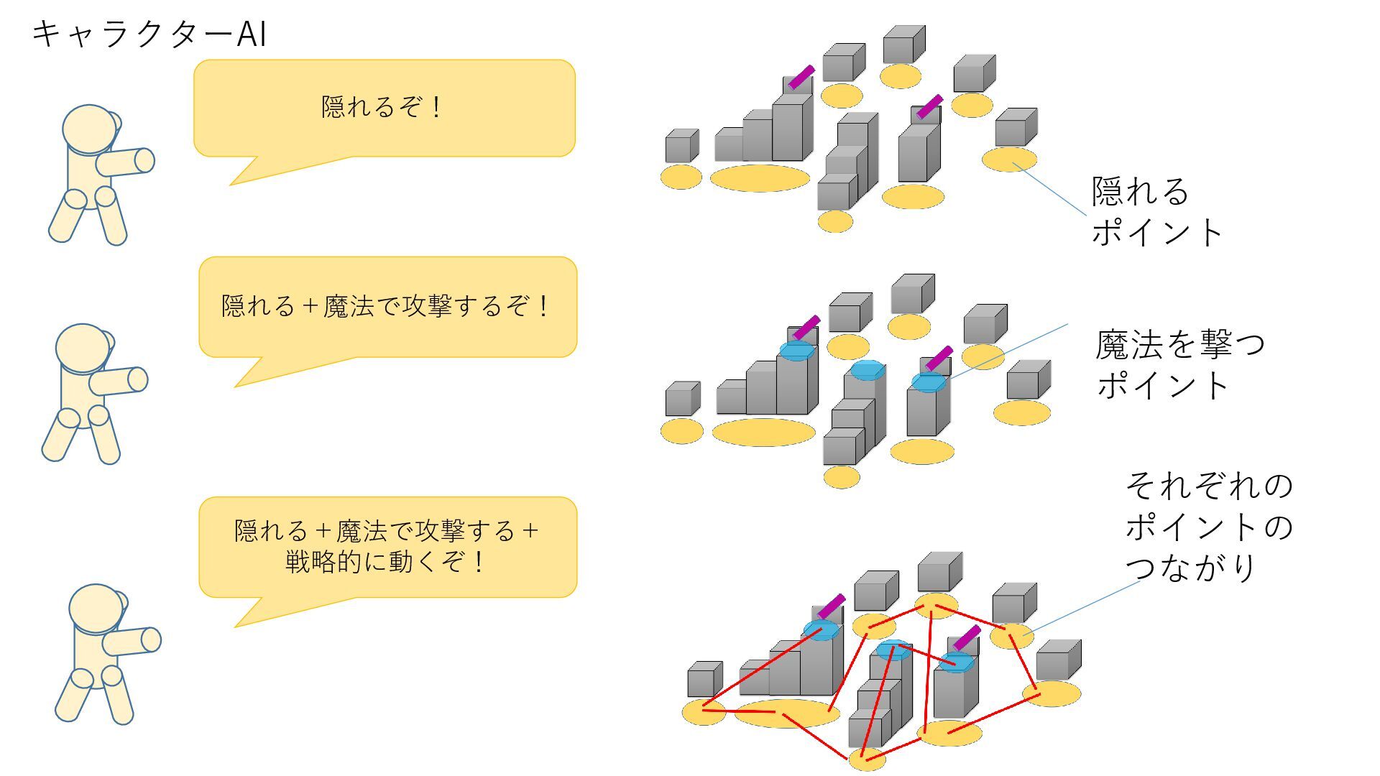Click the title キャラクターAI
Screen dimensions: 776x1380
149,34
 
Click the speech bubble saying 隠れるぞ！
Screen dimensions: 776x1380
384,108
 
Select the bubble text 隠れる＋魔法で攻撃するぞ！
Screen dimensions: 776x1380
387,306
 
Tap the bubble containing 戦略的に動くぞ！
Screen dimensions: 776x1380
387,546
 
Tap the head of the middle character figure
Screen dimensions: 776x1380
83,348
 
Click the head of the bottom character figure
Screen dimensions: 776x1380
96,608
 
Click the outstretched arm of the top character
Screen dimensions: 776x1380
126,162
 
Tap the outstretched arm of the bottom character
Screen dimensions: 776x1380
133,640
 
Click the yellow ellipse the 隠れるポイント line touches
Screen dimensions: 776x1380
1010,160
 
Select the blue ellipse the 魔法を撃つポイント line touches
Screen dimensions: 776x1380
929,382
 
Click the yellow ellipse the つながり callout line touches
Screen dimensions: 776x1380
1012,637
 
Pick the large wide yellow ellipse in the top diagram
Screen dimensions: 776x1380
760,178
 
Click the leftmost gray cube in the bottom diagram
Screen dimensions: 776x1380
704,679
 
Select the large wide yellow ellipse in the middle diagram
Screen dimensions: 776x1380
763,433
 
